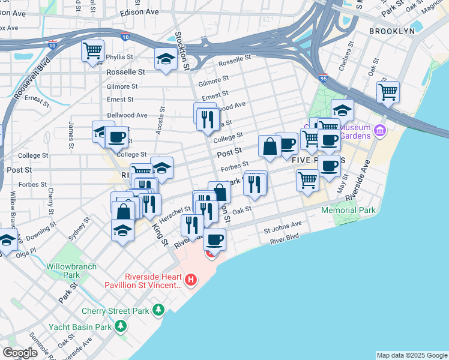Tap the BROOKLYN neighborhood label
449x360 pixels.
tap(392, 31)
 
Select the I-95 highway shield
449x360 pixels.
tap(322, 77)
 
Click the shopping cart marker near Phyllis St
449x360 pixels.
tap(92, 52)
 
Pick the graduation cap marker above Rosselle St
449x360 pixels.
tap(164, 59)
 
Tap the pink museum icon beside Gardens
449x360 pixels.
tap(379, 130)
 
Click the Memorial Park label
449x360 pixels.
tap(348, 210)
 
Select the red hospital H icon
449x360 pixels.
tap(191, 279)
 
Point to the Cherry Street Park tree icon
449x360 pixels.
tap(158, 310)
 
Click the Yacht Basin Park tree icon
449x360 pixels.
tap(121, 326)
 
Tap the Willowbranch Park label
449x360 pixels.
tap(63, 270)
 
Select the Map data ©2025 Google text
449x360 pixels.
tap(411, 355)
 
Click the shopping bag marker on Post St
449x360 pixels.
tap(270, 146)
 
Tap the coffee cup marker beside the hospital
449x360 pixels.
tap(214, 240)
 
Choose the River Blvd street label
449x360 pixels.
tap(285, 239)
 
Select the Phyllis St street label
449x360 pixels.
tap(119, 57)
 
